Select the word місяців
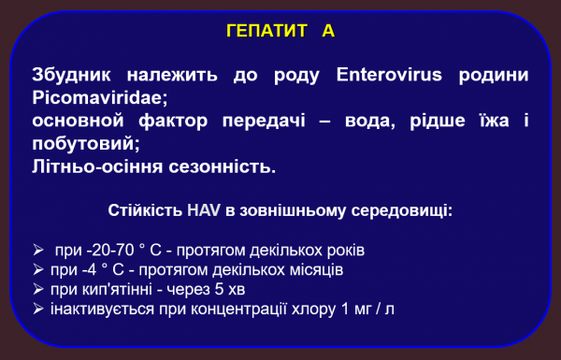[x=313, y=270]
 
